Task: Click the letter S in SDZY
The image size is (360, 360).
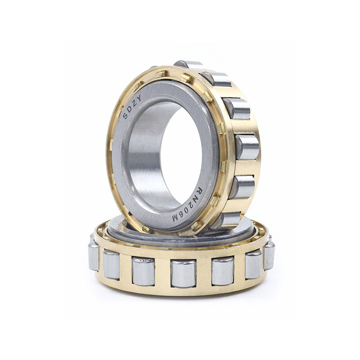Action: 125,116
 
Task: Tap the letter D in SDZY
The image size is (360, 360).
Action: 129,109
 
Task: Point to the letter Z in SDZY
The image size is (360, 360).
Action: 134,103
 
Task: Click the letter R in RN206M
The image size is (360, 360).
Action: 199,190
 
